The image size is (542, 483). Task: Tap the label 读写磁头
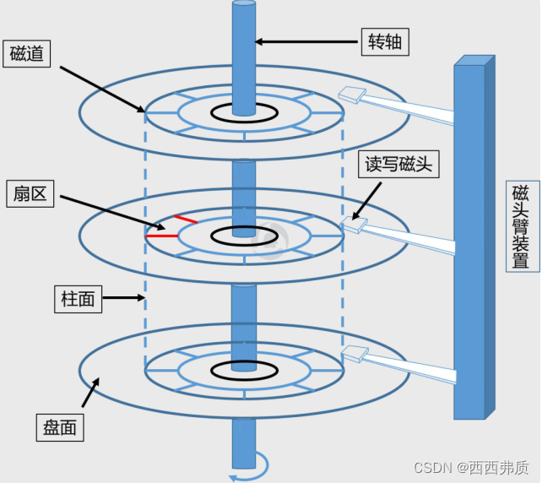tap(397, 164)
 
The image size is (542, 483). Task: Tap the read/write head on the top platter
tap(350, 96)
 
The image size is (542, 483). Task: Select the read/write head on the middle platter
tap(353, 225)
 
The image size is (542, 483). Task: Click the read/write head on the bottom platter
tap(353, 354)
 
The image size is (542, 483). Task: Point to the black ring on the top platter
tap(245, 111)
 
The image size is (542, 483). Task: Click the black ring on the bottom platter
tap(245, 369)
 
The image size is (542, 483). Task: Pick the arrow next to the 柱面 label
tap(126, 297)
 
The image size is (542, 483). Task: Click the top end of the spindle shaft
tap(244, 7)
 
